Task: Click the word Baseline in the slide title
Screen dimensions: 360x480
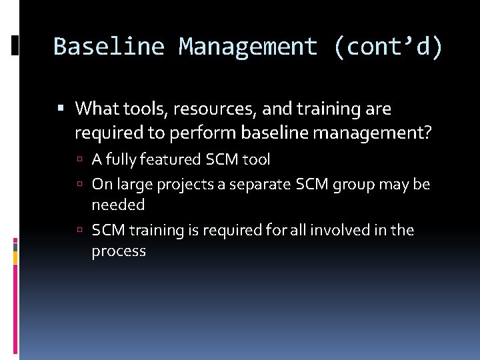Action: pos(109,47)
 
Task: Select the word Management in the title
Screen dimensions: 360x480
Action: pos(248,47)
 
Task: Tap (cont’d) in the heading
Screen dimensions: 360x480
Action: pos(388,47)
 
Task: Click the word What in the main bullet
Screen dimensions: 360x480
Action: pos(94,108)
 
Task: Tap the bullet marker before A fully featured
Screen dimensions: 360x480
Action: pos(80,160)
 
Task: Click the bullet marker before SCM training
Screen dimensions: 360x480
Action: pos(80,231)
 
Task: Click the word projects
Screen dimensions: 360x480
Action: pos(191,184)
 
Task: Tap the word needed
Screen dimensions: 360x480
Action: pos(118,205)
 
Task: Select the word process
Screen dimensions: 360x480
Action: pos(119,251)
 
